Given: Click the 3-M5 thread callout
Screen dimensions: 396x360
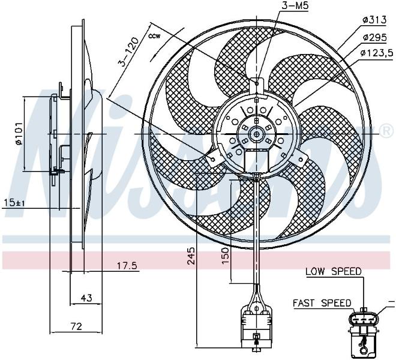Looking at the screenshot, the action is click(296, 7).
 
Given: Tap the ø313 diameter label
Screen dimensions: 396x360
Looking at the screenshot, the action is click(374, 20).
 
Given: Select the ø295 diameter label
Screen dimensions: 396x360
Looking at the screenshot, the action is click(374, 38).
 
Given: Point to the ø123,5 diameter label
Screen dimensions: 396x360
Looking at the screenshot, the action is click(377, 53).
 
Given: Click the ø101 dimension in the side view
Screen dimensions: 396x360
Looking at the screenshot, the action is click(19, 134).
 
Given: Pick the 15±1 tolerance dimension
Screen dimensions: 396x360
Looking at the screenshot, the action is click(14, 203).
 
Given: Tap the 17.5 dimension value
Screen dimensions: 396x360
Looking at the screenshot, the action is click(127, 266).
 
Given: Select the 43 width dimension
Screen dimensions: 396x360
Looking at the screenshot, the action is click(86, 298).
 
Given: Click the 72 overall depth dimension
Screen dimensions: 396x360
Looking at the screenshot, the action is click(76, 326).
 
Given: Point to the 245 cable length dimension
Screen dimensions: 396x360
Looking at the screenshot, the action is click(191, 256).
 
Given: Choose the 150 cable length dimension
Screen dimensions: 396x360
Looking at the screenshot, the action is click(226, 256).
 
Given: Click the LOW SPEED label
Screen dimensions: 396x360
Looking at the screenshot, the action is click(334, 272).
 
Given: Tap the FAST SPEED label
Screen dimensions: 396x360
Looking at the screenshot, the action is click(322, 303).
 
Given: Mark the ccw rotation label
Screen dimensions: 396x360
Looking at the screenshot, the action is click(154, 36).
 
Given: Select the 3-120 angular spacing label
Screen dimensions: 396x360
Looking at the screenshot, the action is click(128, 52).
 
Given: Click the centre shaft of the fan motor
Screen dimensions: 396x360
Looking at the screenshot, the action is click(256, 134).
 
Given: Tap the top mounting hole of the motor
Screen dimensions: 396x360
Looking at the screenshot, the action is click(257, 83).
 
